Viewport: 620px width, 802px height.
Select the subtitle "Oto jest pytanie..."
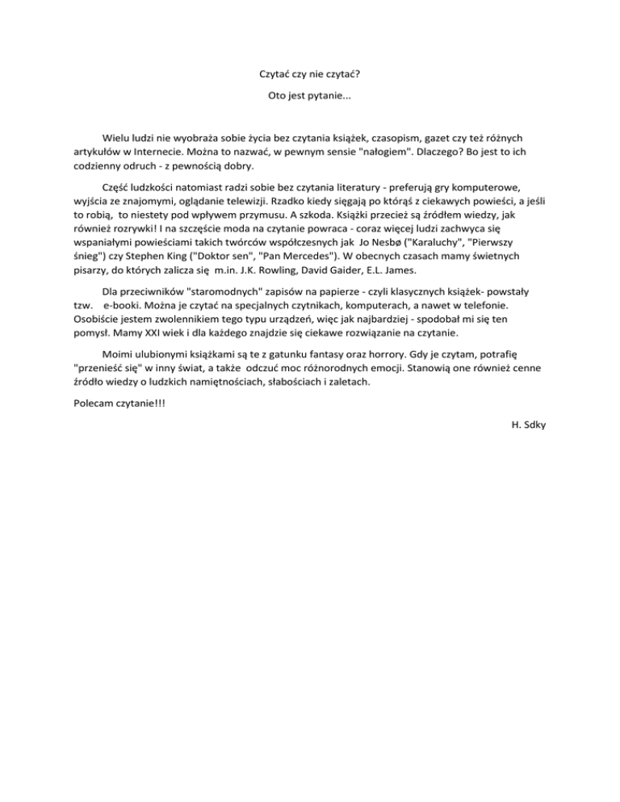pos(309,97)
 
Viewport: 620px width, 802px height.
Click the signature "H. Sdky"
pos(529,425)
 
